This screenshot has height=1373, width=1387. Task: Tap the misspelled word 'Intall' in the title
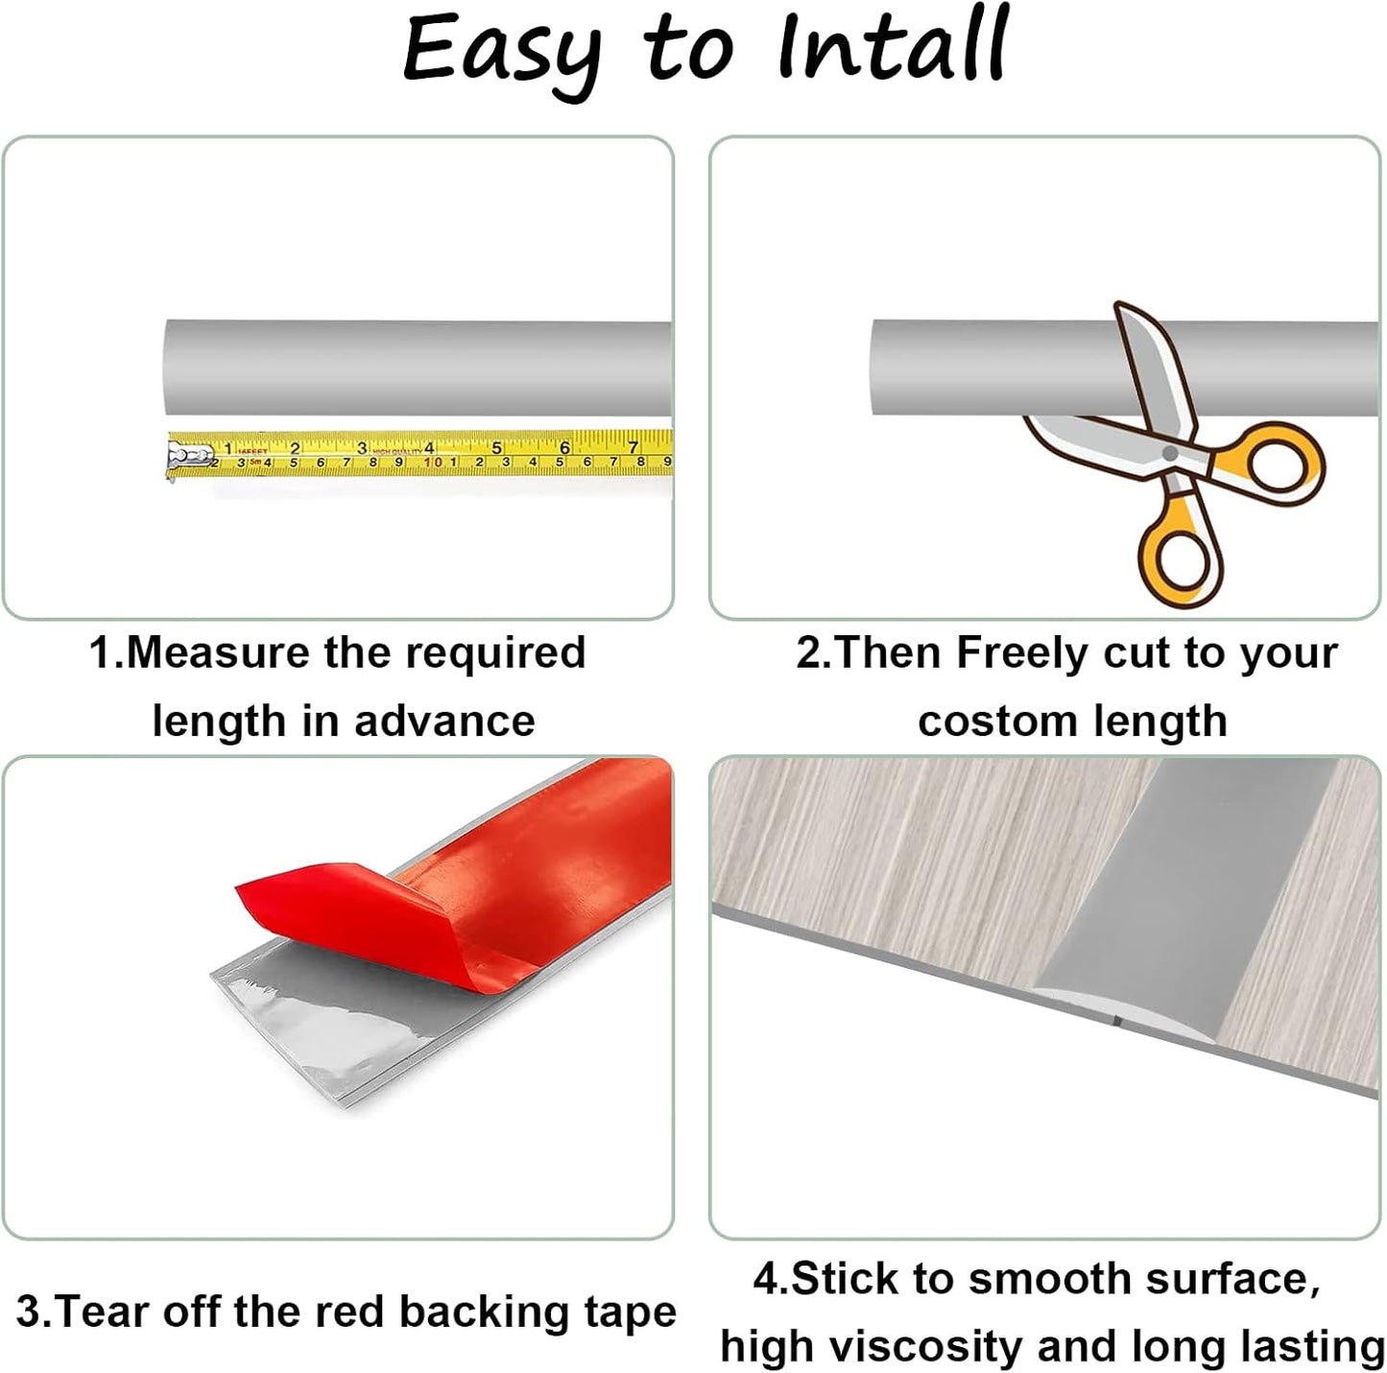click(x=892, y=46)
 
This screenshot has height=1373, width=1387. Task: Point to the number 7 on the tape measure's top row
click(x=633, y=447)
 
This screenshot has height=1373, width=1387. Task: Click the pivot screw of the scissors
click(x=1169, y=452)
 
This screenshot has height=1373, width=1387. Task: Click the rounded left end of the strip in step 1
click(x=171, y=367)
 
